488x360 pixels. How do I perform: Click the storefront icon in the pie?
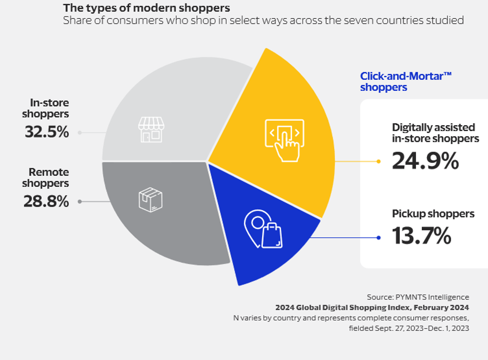coord(151,129)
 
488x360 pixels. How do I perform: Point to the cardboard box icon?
coord(151,200)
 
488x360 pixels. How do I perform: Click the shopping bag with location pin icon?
coord(263,229)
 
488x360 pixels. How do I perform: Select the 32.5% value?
coord(47,132)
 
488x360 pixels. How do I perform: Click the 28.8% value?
coord(46,201)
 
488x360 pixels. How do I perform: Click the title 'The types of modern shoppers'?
coord(147,8)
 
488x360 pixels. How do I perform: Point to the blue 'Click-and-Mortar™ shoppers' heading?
coord(406,82)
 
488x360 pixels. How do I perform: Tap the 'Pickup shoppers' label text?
coord(433,214)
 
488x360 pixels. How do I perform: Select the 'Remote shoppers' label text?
coord(48,177)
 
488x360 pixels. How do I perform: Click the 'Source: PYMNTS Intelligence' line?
coord(418,297)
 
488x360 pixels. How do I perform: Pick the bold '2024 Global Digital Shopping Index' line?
coord(372,307)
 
